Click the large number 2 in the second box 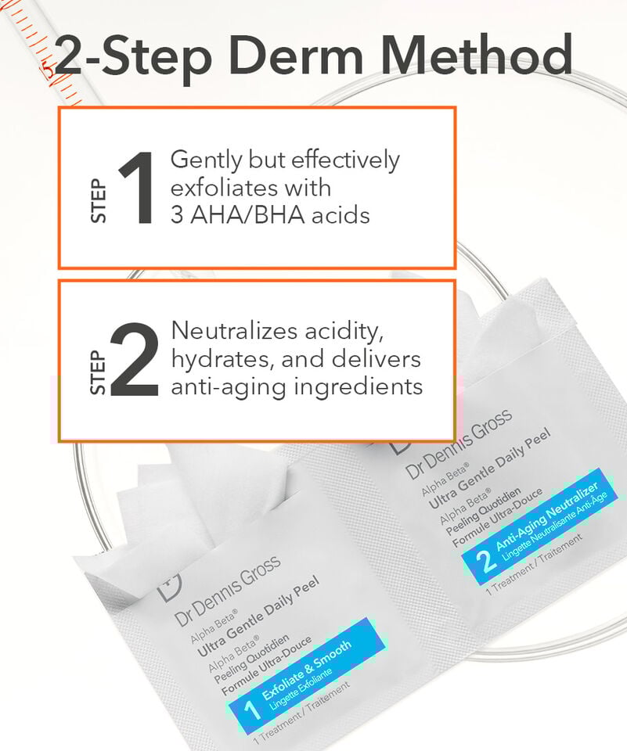click(135, 360)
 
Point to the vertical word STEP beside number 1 click(99, 201)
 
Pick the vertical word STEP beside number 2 click(98, 372)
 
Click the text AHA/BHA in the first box click(247, 214)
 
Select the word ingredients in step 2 click(358, 387)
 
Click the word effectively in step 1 click(345, 160)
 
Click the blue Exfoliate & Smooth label click(307, 675)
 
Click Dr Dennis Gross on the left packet click(228, 591)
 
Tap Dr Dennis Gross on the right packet click(459, 443)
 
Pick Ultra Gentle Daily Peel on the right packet click(489, 468)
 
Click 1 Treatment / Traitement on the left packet click(301, 713)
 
